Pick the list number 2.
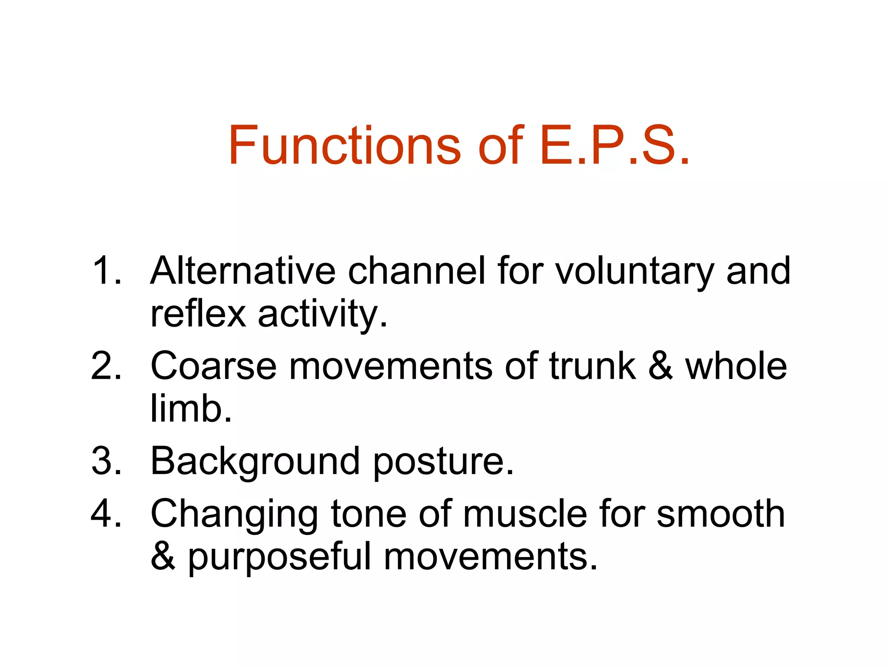pyautogui.click(x=106, y=366)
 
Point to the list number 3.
pyautogui.click(x=106, y=461)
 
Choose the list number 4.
pyautogui.click(x=106, y=514)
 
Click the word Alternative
pyautogui.click(x=243, y=271)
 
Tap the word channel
pyautogui.click(x=416, y=271)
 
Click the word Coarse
pyautogui.click(x=213, y=366)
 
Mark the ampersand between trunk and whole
pyautogui.click(x=661, y=366)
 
